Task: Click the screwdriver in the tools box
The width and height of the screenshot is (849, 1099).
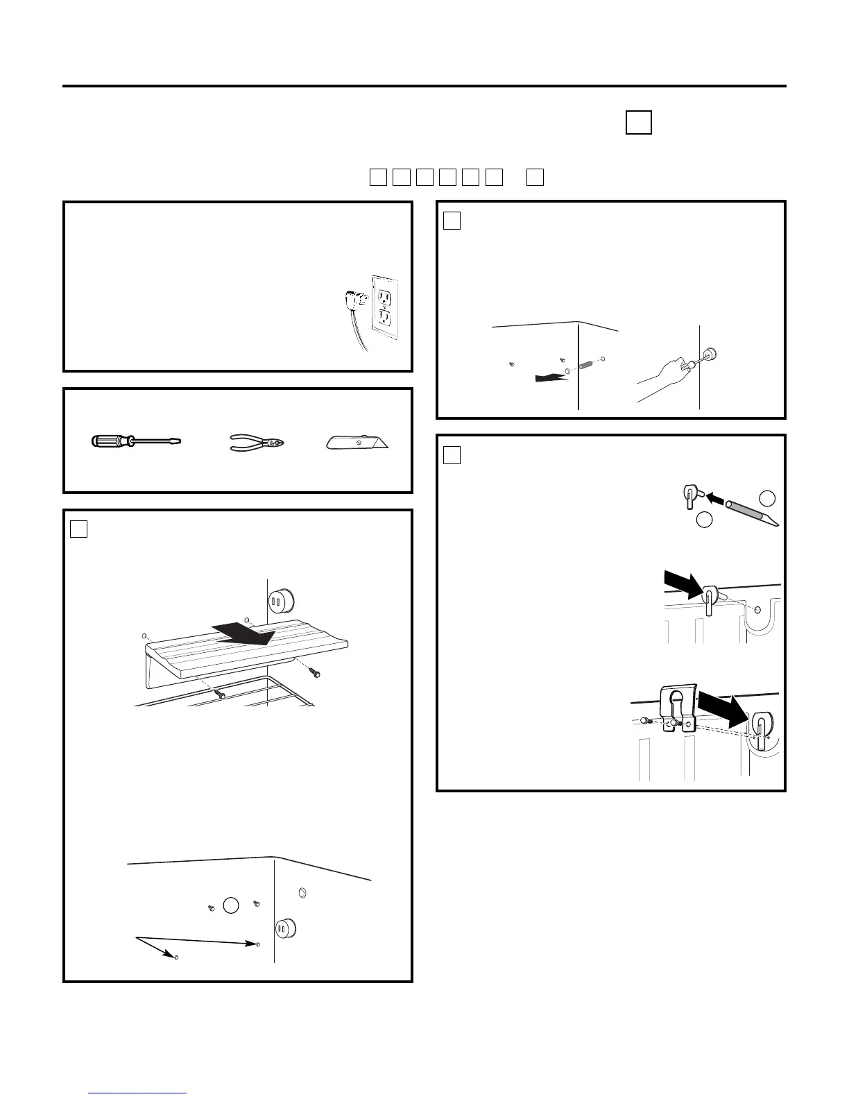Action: coord(136,441)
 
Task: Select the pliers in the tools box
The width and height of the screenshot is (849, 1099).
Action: coord(257,443)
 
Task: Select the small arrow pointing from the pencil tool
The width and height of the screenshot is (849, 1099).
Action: coord(714,497)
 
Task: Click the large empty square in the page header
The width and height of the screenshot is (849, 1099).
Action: coord(638,122)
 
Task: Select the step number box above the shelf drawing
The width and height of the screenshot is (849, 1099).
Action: coord(78,529)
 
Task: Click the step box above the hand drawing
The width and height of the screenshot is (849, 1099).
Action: coord(452,221)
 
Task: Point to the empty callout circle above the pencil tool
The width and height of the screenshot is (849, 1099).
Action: coord(766,497)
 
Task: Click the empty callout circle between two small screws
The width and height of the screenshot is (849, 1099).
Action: coord(231,905)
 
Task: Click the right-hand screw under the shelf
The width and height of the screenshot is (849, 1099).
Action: coord(314,672)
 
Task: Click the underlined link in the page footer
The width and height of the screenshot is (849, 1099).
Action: coord(138,1093)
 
